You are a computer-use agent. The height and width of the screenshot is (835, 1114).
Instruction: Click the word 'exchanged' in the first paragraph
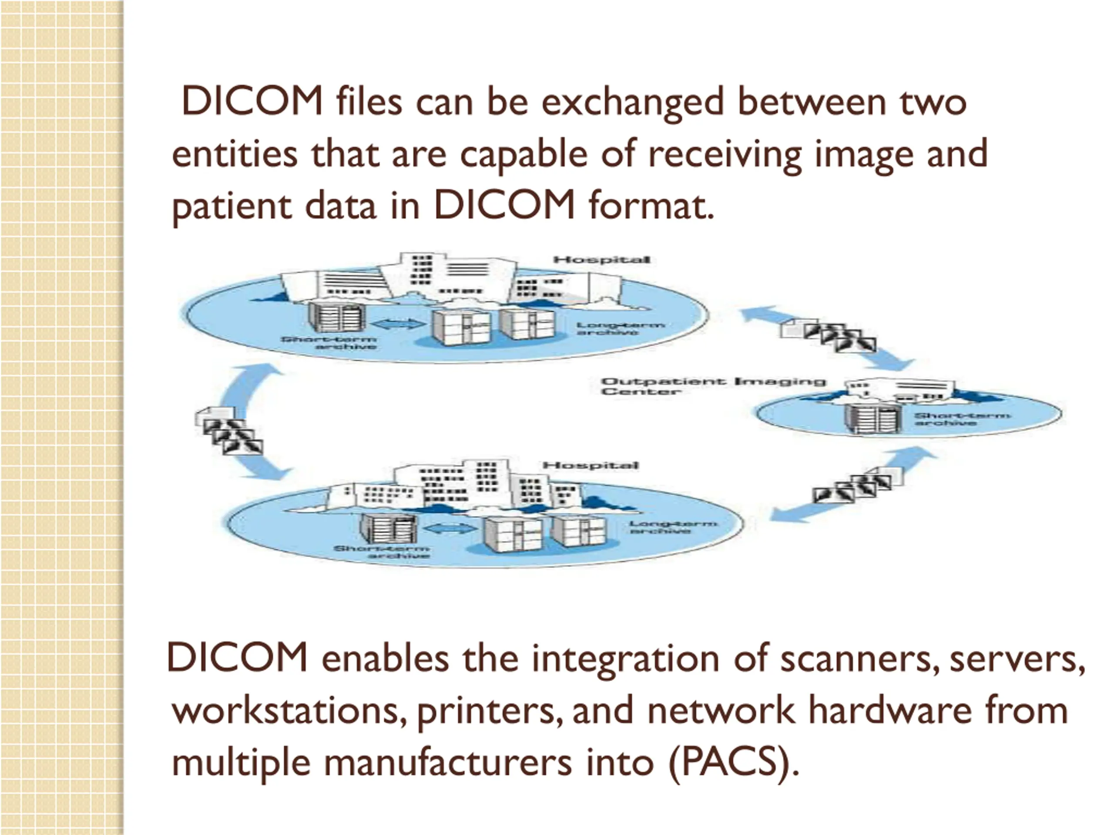pyautogui.click(x=633, y=103)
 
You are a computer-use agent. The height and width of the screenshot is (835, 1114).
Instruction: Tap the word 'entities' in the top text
pyautogui.click(x=234, y=154)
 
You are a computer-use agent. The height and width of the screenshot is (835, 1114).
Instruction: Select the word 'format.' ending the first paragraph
pyautogui.click(x=651, y=207)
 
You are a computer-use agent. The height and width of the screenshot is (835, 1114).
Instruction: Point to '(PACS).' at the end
pyautogui.click(x=733, y=763)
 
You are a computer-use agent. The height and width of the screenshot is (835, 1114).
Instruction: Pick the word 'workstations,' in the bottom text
pyautogui.click(x=289, y=711)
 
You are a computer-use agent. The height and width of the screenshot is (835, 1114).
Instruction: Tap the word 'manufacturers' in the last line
pyautogui.click(x=448, y=763)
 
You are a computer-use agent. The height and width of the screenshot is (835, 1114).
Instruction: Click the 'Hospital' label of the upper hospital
pyautogui.click(x=601, y=260)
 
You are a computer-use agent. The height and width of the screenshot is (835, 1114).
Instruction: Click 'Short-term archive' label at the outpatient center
pyautogui.click(x=962, y=419)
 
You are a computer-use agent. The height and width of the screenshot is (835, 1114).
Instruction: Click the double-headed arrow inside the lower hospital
pyautogui.click(x=449, y=528)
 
